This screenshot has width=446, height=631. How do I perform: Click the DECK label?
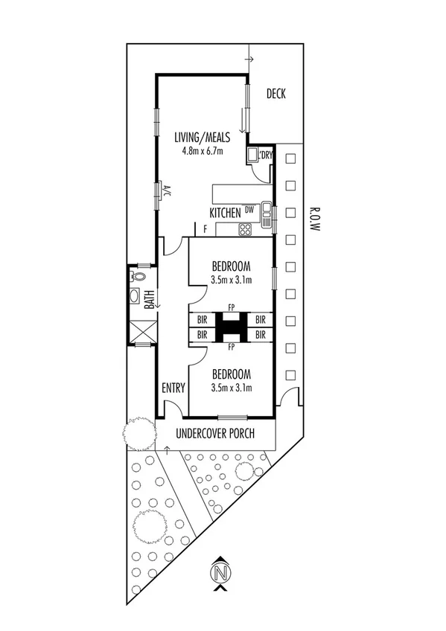point(275,94)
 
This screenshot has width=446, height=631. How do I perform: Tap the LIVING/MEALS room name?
point(202,138)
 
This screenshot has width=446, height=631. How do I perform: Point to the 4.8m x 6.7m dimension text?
point(202,150)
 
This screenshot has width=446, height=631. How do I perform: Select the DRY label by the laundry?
point(267,156)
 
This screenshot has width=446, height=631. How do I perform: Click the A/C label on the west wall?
point(168,190)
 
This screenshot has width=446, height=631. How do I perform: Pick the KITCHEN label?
point(225,214)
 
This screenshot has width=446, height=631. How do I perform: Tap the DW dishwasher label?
point(249,211)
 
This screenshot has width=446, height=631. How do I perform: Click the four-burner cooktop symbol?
point(245,230)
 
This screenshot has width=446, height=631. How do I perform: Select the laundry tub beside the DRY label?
point(253,155)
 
